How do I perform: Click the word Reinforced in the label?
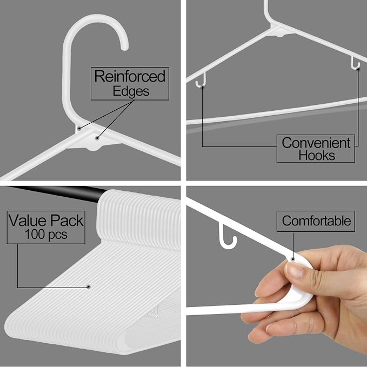coord(130,76)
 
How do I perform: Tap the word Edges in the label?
coord(131,91)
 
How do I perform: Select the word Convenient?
coord(316,143)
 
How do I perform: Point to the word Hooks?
coord(317,155)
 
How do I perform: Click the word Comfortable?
coord(316,221)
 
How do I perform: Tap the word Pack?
coord(67,221)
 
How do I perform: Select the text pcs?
coord(58,235)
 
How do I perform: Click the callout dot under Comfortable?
coord(292,259)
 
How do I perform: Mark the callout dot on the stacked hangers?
coord(89,286)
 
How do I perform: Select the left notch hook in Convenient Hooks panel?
coord(201,81)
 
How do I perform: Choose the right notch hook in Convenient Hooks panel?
coord(355,63)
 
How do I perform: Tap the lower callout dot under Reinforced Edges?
coord(97,138)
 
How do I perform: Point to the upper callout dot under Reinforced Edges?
coord(79,128)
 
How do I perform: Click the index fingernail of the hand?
coord(294,270)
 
